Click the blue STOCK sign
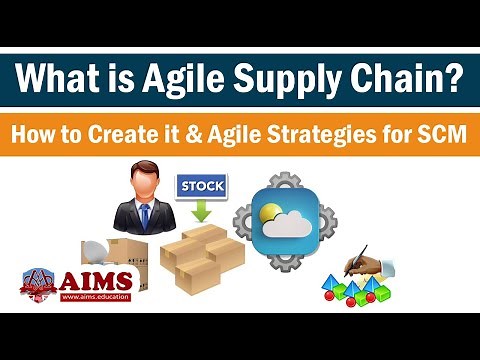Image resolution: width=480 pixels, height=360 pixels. [x=200, y=186]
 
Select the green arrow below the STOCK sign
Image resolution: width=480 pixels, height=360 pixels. [x=199, y=211]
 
